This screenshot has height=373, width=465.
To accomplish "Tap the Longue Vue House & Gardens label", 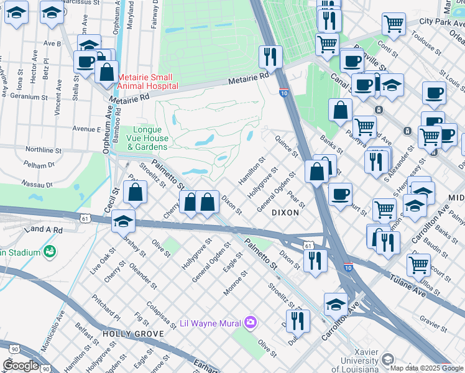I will pyautogui.click(x=147, y=142).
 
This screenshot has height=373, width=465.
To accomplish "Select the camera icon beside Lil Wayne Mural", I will pyautogui.click(x=251, y=322).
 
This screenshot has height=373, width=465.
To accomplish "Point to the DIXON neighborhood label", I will pyautogui.click(x=285, y=213).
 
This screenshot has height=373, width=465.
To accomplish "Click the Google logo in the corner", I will pyautogui.click(x=21, y=366).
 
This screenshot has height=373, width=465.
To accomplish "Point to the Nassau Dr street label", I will pyautogui.click(x=40, y=185).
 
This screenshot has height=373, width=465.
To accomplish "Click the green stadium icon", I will pyautogui.click(x=49, y=252).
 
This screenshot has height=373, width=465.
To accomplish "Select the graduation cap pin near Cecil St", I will pyautogui.click(x=123, y=221).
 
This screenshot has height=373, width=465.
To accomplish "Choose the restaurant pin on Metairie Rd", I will pyautogui.click(x=271, y=57).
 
